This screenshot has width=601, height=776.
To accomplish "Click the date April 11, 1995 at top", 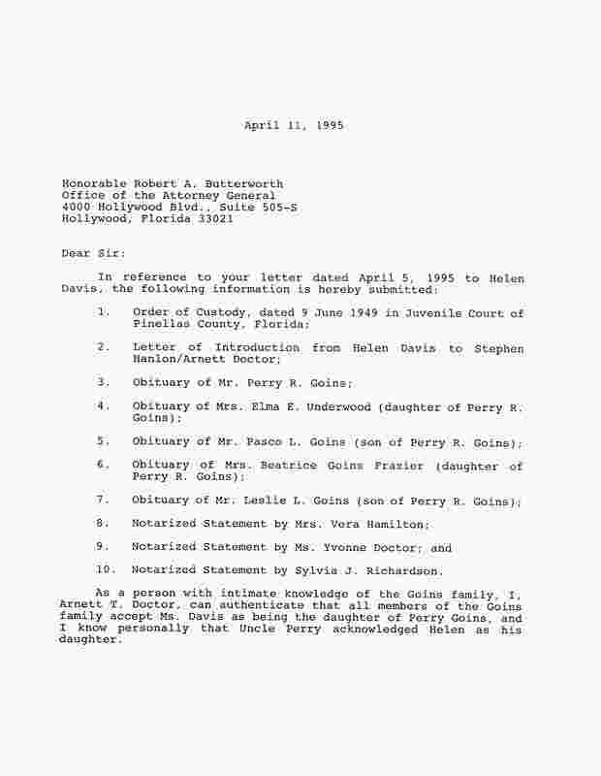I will [x=294, y=126].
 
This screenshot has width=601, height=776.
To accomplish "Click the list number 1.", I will [x=103, y=312].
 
